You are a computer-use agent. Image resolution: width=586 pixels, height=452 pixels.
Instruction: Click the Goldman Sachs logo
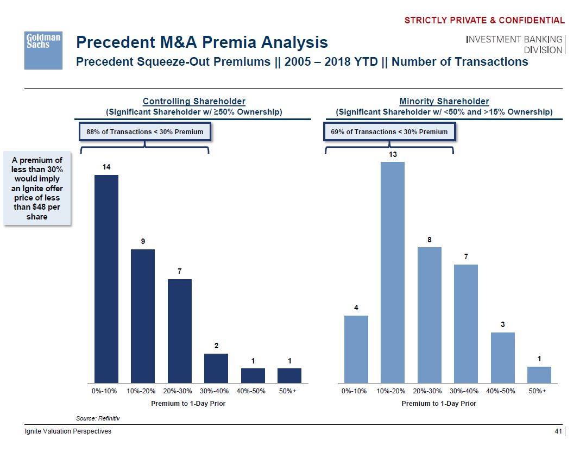click(x=43, y=49)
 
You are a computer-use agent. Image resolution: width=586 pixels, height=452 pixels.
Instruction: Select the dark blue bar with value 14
click(x=106, y=279)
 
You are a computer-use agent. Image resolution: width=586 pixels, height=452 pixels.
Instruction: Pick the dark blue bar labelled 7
click(x=180, y=331)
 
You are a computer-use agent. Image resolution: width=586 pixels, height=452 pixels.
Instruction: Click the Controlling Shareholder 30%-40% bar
click(x=216, y=368)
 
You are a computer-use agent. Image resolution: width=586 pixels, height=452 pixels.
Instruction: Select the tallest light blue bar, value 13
click(x=393, y=272)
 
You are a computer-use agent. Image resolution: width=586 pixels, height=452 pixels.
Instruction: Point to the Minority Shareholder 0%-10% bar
click(x=356, y=349)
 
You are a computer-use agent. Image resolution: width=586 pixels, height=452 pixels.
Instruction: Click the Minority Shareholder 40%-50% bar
click(x=503, y=357)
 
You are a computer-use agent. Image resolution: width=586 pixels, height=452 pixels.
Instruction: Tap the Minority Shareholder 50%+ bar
click(x=539, y=375)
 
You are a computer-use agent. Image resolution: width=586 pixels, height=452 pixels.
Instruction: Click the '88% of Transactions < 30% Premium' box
click(x=145, y=131)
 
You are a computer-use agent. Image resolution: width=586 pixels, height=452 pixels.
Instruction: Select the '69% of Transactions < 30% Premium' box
click(x=389, y=131)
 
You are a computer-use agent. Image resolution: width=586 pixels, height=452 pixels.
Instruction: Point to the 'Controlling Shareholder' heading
click(x=194, y=101)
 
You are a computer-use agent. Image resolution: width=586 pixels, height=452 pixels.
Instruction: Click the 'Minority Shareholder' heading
click(x=444, y=101)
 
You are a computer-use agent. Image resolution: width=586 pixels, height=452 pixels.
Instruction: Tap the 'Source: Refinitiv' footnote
click(x=98, y=418)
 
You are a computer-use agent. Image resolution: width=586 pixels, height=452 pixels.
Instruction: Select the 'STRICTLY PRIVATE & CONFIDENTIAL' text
click(x=484, y=21)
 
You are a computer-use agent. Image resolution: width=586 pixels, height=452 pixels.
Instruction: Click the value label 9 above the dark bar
click(x=143, y=241)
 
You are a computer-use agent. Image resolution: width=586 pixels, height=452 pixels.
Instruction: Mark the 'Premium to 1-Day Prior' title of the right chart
click(x=439, y=403)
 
